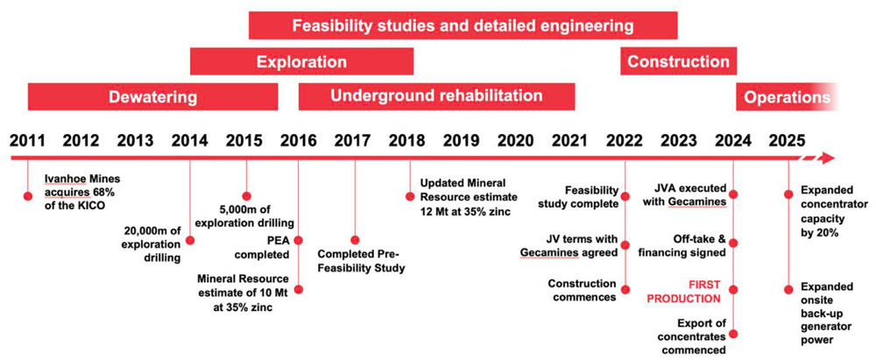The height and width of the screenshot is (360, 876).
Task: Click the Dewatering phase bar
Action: (152, 96)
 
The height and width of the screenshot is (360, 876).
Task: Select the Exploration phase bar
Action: (301, 61)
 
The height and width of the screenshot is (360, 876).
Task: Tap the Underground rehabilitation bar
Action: (436, 96)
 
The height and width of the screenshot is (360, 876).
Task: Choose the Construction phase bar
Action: (678, 61)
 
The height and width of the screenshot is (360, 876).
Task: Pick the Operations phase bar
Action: (788, 96)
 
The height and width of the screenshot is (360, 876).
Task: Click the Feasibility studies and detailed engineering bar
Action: (463, 25)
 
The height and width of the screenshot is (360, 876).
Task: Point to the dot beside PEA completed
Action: (299, 240)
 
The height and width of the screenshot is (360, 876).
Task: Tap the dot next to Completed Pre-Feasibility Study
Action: (355, 240)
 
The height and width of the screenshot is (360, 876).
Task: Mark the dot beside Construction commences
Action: (625, 290)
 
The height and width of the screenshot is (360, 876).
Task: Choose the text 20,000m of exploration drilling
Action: (152, 244)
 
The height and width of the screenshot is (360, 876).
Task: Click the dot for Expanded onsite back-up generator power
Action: (788, 290)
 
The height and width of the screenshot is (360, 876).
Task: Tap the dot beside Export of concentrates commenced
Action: (734, 335)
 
